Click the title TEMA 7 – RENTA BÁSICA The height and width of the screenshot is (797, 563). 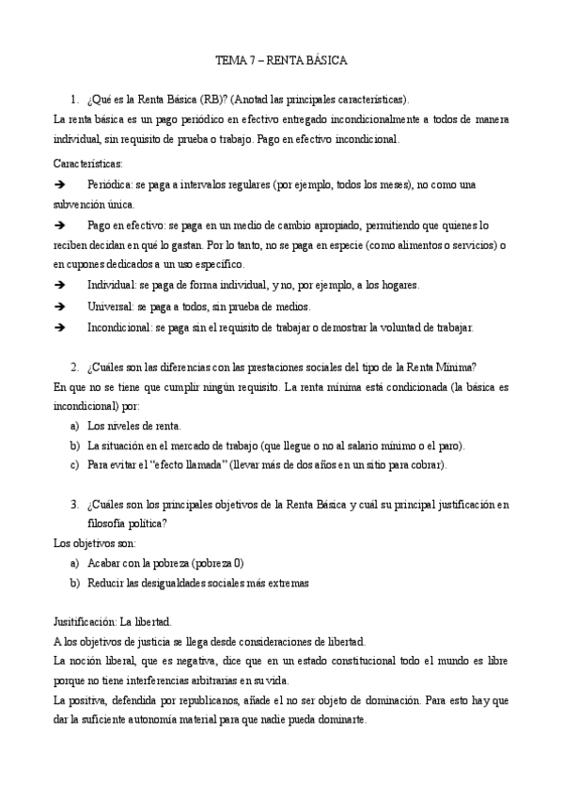coord(281,60)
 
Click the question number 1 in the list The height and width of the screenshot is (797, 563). coord(74,99)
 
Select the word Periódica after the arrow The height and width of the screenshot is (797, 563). coord(111,185)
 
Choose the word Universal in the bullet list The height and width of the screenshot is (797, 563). coord(111,306)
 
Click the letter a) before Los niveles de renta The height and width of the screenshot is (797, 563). coord(74,426)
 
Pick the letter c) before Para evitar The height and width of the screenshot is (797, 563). coord(74,464)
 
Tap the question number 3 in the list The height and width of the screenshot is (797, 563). coord(74,505)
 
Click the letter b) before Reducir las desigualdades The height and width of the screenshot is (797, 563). coord(74,583)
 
